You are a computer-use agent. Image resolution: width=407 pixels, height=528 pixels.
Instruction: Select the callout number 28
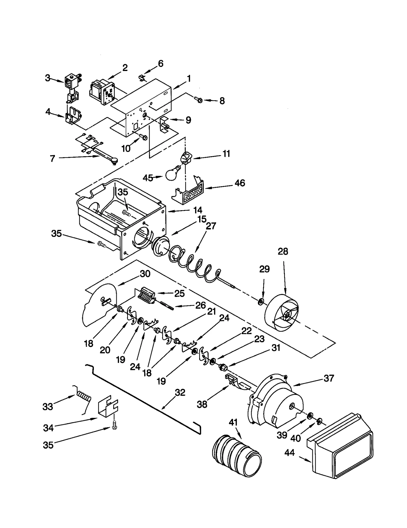tap(283, 251)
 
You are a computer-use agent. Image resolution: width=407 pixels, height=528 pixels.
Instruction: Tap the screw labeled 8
tap(198, 99)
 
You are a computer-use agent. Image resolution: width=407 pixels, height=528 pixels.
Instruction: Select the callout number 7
tap(52, 159)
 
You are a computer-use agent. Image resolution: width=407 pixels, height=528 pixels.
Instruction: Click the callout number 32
tap(180, 392)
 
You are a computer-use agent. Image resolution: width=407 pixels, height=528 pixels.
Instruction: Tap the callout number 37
tap(328, 378)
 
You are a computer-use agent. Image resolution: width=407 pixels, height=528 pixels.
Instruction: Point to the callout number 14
tap(197, 210)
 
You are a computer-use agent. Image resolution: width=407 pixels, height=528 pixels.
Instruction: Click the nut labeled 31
tap(223, 367)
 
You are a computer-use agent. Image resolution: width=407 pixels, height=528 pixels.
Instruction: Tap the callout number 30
tap(145, 274)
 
